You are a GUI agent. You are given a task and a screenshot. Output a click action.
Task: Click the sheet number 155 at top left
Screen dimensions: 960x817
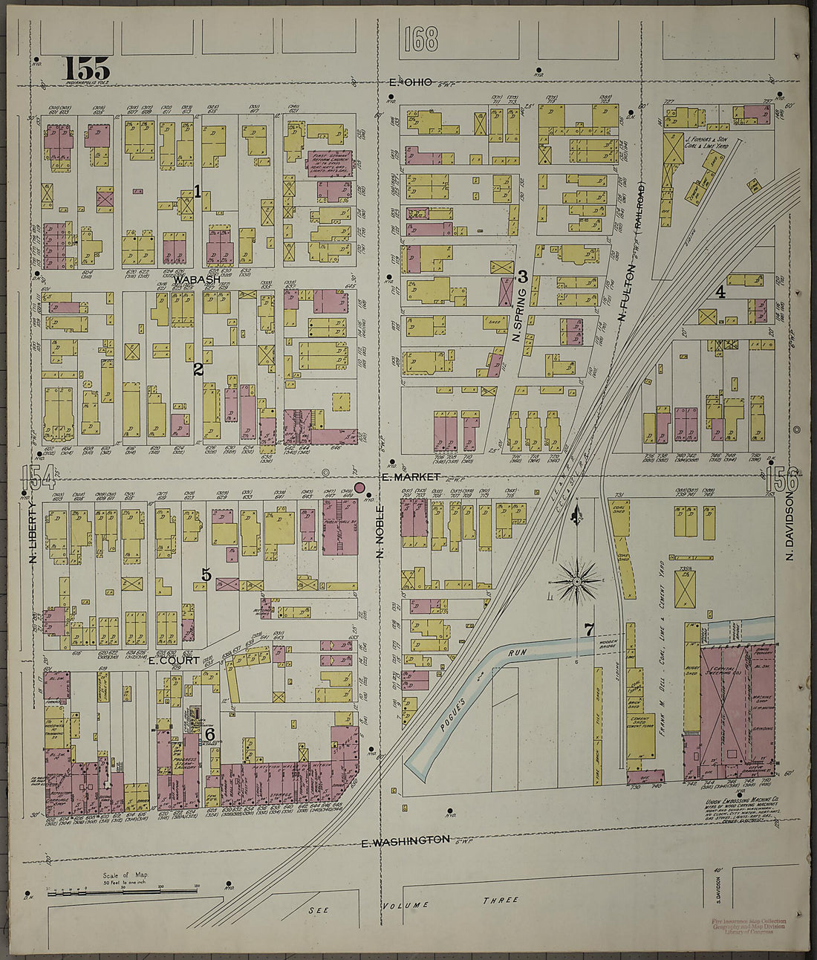(x=87, y=68)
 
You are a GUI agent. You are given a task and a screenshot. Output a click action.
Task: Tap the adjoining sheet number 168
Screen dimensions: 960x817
(x=421, y=39)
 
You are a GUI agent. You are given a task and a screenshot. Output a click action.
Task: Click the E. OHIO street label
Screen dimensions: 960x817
(x=410, y=82)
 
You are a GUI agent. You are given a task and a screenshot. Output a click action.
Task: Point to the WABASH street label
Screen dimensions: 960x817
(x=198, y=279)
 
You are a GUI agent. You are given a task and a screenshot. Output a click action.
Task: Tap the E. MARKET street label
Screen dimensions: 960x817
(x=410, y=476)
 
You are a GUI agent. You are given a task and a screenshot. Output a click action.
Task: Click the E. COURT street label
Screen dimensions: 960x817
(x=173, y=660)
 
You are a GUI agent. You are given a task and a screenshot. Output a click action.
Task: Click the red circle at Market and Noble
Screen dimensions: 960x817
(x=360, y=487)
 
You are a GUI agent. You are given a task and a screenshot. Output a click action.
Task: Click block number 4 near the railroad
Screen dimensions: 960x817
(x=720, y=292)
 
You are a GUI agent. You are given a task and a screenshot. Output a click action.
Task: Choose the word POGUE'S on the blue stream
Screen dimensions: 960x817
(x=452, y=713)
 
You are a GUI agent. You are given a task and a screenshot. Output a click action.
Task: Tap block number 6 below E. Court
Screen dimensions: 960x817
(x=210, y=734)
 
